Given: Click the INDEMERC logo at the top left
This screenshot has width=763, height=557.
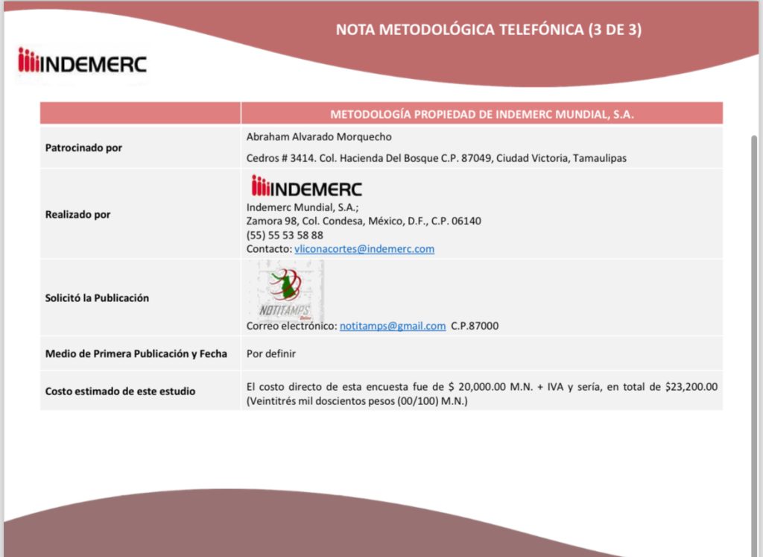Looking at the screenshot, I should point(82,62).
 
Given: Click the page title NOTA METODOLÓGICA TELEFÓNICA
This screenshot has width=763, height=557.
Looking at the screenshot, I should point(488,30).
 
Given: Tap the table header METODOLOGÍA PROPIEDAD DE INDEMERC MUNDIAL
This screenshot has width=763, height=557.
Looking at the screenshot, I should point(482,114).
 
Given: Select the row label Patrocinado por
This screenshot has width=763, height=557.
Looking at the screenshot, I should point(83,148).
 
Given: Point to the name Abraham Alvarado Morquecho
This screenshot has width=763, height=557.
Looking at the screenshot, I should point(319,136).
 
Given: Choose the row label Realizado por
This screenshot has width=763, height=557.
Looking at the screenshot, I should point(78,214).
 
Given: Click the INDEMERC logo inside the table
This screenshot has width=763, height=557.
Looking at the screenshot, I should point(307,187).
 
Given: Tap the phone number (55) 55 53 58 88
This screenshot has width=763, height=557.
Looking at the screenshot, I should point(285,235).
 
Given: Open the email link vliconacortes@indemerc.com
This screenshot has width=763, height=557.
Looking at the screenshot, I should point(364,249).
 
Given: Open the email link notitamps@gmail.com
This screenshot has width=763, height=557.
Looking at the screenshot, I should point(393,326).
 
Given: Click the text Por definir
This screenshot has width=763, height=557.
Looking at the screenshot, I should point(271,353).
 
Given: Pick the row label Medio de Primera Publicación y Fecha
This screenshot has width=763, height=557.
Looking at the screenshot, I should point(136,353).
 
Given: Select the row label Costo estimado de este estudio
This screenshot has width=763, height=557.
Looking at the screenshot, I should point(120,391).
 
